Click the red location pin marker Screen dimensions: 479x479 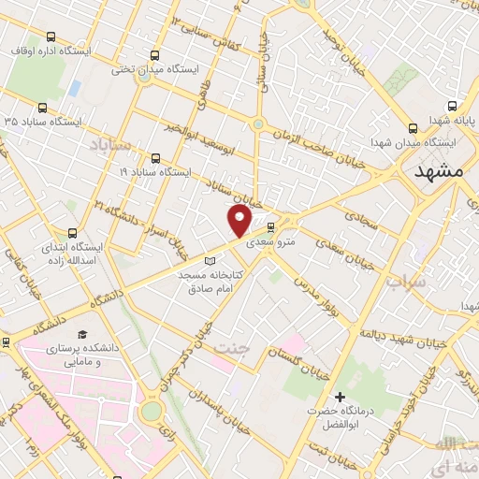(239, 221)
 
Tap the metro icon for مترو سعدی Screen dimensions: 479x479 (271, 227)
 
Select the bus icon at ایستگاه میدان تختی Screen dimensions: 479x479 (154, 55)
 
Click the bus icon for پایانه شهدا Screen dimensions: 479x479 (453, 107)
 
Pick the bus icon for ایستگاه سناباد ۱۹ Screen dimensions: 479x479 (155, 158)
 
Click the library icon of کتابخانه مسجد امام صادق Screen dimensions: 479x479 (210, 261)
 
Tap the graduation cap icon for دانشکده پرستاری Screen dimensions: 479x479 (82, 334)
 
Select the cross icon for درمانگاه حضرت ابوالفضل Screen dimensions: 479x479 (340, 397)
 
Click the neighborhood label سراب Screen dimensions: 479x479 (407, 280)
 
